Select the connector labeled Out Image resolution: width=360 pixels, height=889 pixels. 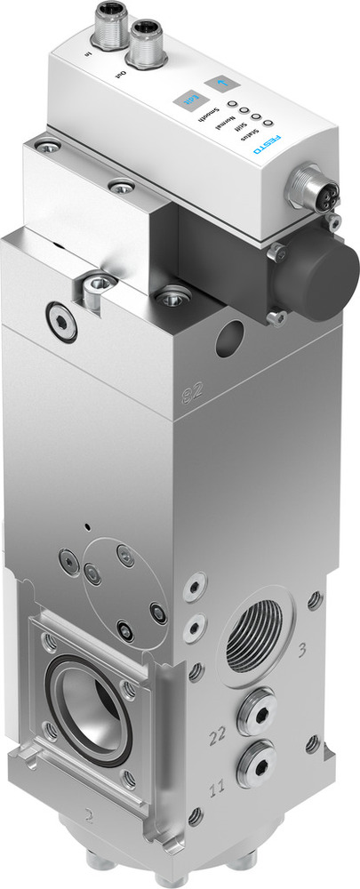pyautogui.click(x=143, y=44)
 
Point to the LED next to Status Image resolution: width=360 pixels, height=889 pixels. pyautogui.click(x=263, y=120)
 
